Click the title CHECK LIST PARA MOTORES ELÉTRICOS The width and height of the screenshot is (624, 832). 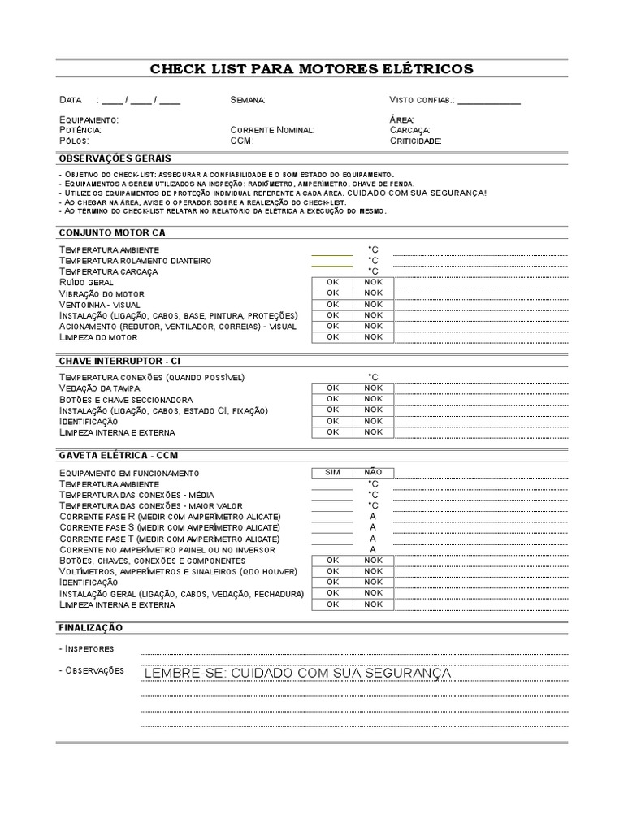pos(311,69)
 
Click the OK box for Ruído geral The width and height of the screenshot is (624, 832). pos(332,282)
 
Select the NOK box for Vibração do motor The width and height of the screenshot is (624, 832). pos(373,293)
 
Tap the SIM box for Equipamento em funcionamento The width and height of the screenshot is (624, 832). pos(332,472)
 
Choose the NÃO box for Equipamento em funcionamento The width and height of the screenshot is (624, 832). pos(373,472)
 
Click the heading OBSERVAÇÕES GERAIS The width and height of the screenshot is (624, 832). pos(115,158)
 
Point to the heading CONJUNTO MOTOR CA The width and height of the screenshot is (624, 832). pos(111,232)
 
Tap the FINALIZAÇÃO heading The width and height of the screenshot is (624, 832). pos(90,628)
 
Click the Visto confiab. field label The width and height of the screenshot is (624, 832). pos(422,100)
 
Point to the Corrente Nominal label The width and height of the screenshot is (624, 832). pos(272,130)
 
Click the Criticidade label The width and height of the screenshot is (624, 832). pos(415,141)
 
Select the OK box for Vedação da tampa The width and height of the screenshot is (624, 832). pos(332,388)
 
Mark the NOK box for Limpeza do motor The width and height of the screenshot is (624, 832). pos(373,336)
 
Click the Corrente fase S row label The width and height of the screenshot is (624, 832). pos(170,527)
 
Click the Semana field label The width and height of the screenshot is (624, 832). pos(247,100)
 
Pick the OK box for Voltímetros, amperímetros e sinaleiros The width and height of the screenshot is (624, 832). pos(332,571)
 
